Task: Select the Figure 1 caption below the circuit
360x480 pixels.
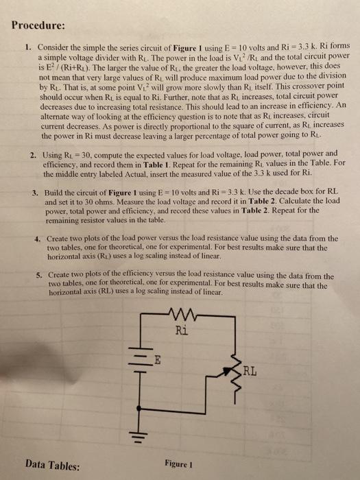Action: pos(180,463)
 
